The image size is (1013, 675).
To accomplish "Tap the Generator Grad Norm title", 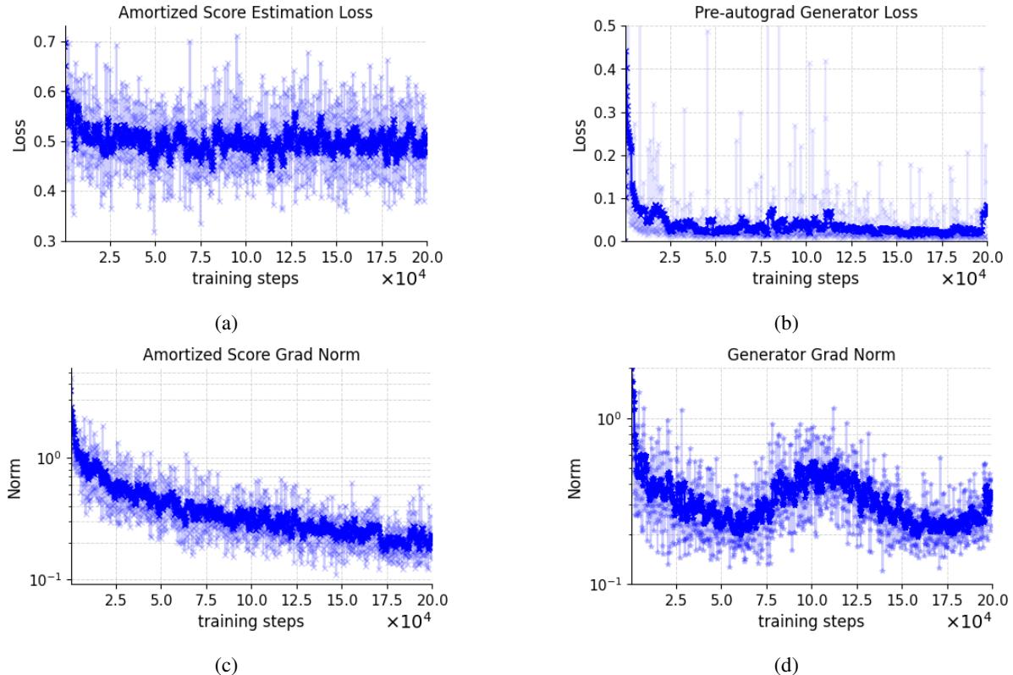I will point(811,355).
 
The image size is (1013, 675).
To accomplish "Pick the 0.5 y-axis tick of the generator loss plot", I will point(604,26).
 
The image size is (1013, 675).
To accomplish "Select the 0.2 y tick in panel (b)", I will point(604,156).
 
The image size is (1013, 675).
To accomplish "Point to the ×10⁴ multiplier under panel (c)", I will point(409,622).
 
